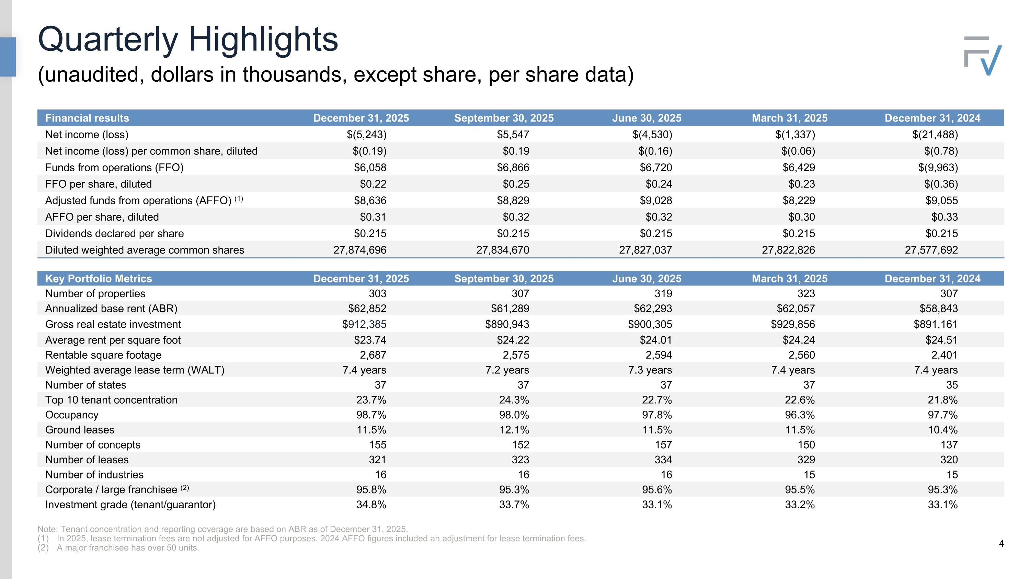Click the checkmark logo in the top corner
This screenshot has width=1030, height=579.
coord(983,56)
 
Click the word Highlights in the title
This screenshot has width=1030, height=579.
coord(263,39)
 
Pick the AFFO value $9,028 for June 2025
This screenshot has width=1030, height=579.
coord(656,200)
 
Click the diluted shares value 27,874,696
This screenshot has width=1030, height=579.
coord(360,250)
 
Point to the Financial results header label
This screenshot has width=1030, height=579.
coord(87,118)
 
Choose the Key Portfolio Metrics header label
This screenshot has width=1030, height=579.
coord(98,278)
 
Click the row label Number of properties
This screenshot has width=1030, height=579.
coord(95,294)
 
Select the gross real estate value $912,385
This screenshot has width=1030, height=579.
coord(364,324)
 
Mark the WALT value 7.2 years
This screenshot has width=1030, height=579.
coord(507,370)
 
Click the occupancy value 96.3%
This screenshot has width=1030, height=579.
coord(800,415)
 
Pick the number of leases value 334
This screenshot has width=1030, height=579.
coord(663,460)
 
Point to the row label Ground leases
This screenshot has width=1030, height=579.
coord(80,430)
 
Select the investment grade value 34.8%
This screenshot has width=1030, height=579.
coord(371,505)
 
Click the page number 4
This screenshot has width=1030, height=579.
coord(1001,543)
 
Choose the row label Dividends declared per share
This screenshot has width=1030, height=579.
coord(114,234)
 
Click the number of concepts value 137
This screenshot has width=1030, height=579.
coord(949,445)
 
